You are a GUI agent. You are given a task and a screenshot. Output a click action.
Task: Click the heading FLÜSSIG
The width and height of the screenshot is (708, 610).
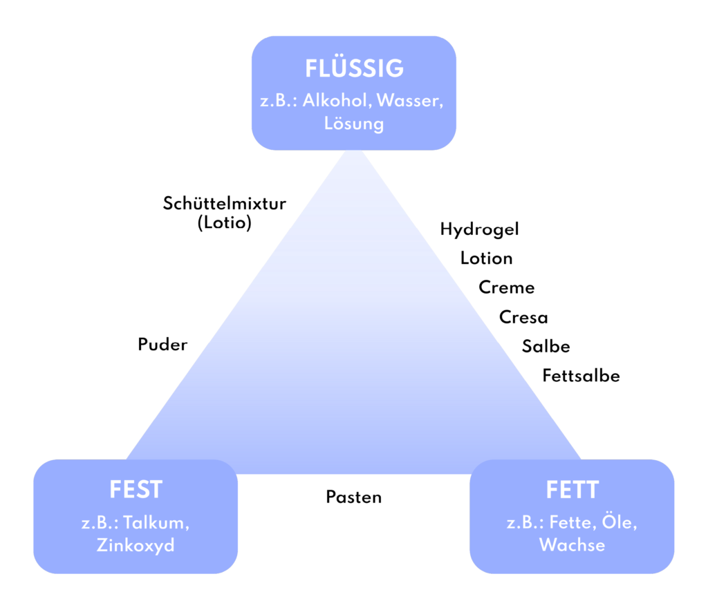[x=355, y=68]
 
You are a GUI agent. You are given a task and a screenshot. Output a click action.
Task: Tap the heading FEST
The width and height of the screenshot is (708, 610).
[x=136, y=490]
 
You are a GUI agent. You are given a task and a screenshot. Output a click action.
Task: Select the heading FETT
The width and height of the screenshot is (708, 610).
[x=572, y=490]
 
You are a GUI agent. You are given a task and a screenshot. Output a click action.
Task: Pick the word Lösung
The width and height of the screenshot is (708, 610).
[x=354, y=124]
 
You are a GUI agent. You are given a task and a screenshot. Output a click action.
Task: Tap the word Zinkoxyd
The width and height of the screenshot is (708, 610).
[x=136, y=545]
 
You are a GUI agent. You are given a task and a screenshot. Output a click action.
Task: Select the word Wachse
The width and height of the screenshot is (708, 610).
[x=572, y=544]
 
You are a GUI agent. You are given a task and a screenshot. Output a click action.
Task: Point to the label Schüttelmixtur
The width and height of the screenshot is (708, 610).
[x=225, y=204]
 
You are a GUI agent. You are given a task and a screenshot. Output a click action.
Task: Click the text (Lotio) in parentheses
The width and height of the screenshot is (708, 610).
[x=225, y=222]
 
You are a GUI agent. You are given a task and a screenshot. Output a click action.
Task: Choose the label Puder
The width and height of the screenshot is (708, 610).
[x=162, y=345]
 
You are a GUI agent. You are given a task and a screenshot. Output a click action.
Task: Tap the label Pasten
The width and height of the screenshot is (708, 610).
[x=354, y=497]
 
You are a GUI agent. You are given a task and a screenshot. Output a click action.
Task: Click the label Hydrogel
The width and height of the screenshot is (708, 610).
[x=480, y=229]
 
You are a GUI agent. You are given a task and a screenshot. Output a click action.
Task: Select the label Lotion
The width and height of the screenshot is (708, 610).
[x=486, y=258]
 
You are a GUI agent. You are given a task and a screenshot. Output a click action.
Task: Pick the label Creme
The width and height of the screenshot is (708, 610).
[x=507, y=287]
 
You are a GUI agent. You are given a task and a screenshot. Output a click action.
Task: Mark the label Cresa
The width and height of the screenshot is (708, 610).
[x=523, y=317]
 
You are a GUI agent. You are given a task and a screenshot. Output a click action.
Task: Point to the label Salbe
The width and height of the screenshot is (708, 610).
[x=546, y=346]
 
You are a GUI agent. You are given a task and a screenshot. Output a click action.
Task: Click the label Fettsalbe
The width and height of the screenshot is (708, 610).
[x=581, y=375]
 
